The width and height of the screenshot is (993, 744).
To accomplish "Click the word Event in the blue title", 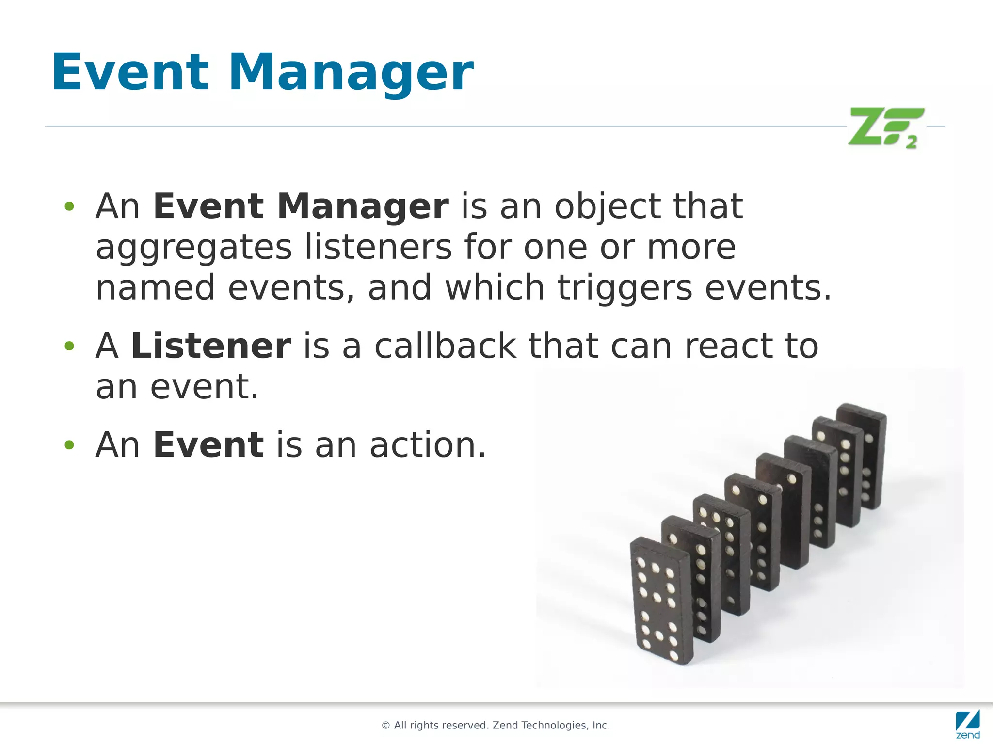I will click(x=130, y=73).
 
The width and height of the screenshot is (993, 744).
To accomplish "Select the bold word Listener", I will click(x=211, y=346).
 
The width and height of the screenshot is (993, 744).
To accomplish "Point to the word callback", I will click(x=445, y=346).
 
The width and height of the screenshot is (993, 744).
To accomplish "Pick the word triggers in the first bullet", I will click(x=625, y=288).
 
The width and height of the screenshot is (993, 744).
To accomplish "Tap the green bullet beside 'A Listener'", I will click(x=69, y=346).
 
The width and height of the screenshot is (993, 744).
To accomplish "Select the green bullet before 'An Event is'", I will click(x=69, y=445).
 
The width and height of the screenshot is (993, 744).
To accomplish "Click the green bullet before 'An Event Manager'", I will click(x=69, y=207).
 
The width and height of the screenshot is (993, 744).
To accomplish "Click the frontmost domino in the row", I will click(x=660, y=601).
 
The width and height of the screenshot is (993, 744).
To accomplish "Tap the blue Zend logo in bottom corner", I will click(x=968, y=724).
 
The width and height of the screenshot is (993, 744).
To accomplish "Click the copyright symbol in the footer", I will click(x=386, y=726).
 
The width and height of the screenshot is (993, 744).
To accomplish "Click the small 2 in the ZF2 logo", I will click(x=912, y=143).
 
